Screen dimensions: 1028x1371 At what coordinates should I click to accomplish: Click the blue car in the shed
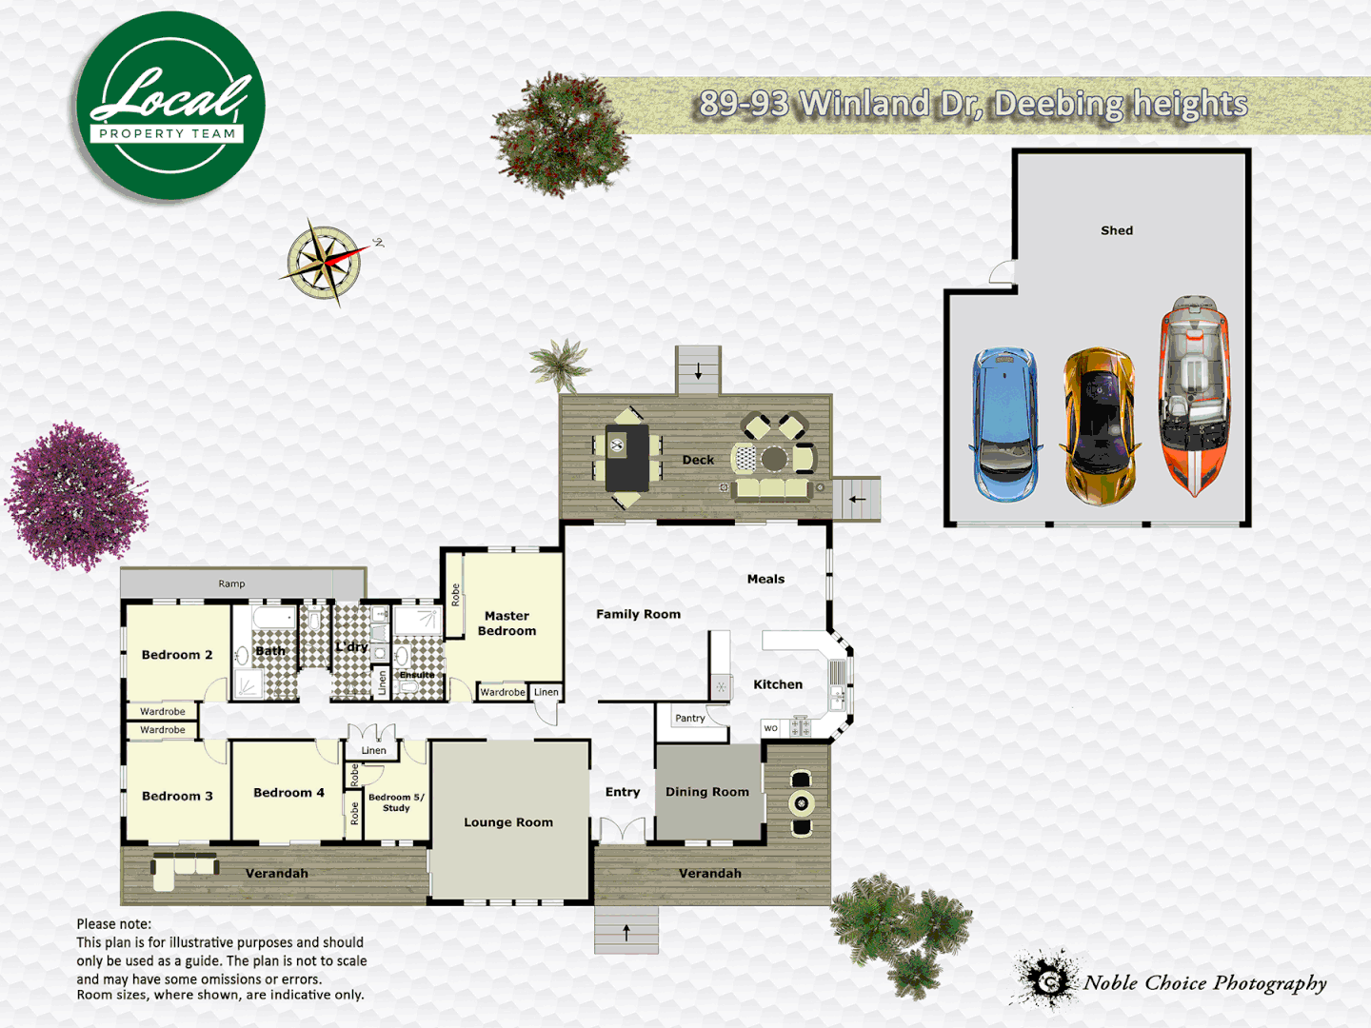coord(1005,425)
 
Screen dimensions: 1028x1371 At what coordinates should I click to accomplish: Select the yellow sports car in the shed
coord(1100,425)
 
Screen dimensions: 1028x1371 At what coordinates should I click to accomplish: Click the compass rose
coord(326,261)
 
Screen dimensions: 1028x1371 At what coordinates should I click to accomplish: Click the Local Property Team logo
coord(170,107)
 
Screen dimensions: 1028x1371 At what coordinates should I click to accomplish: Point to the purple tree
coord(76,497)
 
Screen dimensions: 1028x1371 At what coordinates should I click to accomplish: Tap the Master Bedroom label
coord(507,623)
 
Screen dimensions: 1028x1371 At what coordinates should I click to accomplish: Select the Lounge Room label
coord(508,822)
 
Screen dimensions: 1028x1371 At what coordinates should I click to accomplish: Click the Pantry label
coord(690,719)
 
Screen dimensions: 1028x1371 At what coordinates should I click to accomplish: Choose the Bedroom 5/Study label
coord(396,802)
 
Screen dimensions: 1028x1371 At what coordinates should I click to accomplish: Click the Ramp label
coord(231,583)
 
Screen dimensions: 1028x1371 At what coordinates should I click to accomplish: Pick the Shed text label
coord(1117,230)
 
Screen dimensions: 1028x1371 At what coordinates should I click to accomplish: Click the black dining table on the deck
coord(626,458)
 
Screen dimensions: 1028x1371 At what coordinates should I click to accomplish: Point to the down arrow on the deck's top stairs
coord(698,371)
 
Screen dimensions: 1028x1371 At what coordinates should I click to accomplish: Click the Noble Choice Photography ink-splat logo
coord(1048,979)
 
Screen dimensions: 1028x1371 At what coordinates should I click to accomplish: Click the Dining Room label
coord(707,792)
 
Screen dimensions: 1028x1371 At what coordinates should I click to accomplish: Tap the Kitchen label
coord(778,684)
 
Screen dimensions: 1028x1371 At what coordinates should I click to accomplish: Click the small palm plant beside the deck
coord(562,363)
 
